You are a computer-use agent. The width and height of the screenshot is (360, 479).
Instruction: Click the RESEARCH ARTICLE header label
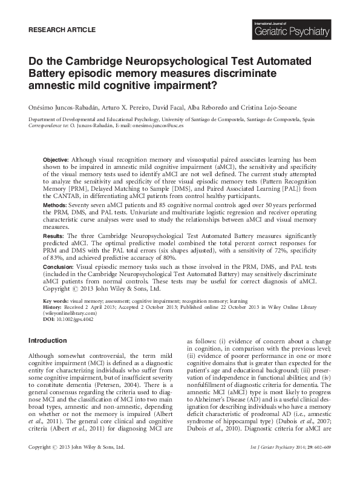[x=62, y=29]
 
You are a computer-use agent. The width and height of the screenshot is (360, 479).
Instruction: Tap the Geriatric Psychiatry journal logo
[x=293, y=27]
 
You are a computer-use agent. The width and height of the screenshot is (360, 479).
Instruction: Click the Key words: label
[x=56, y=300]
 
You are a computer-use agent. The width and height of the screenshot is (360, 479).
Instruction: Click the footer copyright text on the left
[x=77, y=464]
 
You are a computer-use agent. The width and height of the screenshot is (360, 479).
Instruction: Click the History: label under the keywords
[x=53, y=306]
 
